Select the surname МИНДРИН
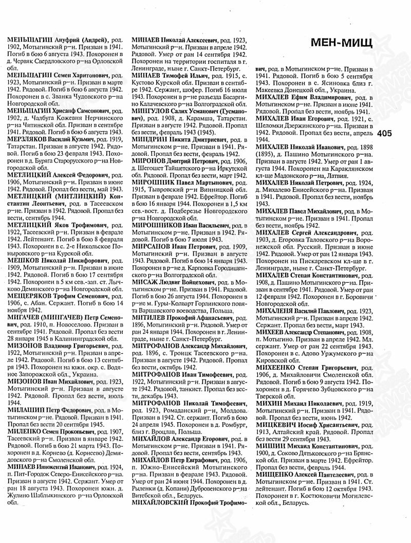coord(151,138)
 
